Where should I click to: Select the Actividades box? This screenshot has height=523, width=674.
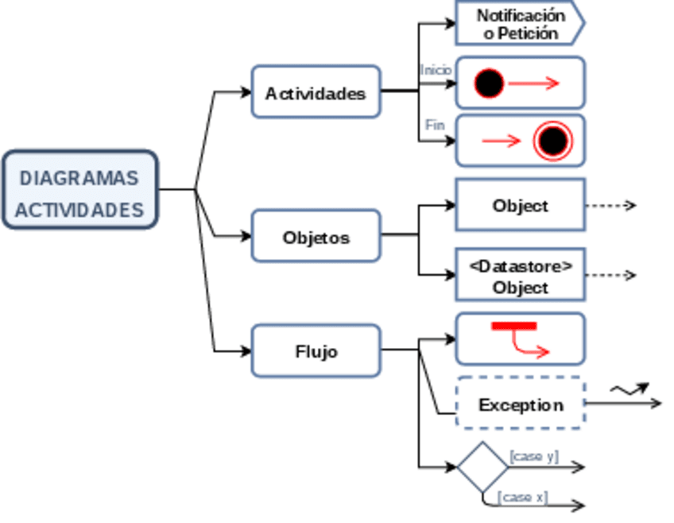pyautogui.click(x=316, y=93)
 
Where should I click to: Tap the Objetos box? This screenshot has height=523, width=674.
pyautogui.click(x=316, y=237)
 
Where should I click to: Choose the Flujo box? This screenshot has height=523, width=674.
pyautogui.click(x=316, y=351)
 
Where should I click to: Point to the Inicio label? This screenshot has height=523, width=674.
pyautogui.click(x=436, y=70)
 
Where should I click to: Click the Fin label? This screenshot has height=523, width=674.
pyautogui.click(x=435, y=125)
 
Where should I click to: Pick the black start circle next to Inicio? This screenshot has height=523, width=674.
pyautogui.click(x=490, y=83)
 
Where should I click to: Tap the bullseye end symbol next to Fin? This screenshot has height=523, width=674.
pyautogui.click(x=552, y=141)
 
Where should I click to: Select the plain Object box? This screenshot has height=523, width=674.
pyautogui.click(x=520, y=205)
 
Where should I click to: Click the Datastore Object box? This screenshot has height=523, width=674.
pyautogui.click(x=520, y=275)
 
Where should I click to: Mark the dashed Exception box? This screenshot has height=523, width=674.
pyautogui.click(x=520, y=404)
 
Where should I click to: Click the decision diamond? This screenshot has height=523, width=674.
pyautogui.click(x=482, y=467)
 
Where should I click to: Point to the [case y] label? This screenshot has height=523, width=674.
pyautogui.click(x=534, y=456)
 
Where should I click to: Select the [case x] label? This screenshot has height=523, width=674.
pyautogui.click(x=522, y=497)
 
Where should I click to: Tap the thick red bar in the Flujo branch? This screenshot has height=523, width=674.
pyautogui.click(x=514, y=326)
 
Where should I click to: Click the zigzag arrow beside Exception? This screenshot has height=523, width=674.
pyautogui.click(x=629, y=389)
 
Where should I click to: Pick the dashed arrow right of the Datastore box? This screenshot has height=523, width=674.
pyautogui.click(x=610, y=275)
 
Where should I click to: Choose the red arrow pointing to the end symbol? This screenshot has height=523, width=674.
pyautogui.click(x=501, y=141)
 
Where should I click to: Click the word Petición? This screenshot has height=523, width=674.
pyautogui.click(x=530, y=33)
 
